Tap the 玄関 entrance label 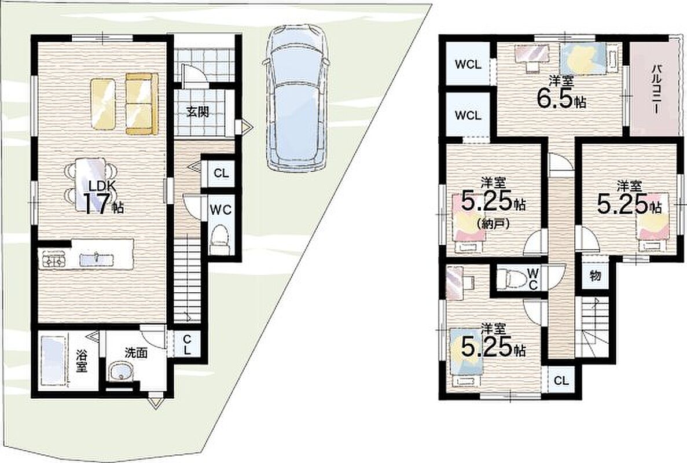tap(197, 113)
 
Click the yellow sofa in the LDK tap(142, 104)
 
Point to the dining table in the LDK tap(91, 182)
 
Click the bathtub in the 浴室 tap(53, 361)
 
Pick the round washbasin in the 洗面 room tap(120, 372)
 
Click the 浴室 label tap(81, 361)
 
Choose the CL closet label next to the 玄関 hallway tap(221, 173)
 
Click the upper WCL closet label tap(468, 65)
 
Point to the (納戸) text tap(493, 225)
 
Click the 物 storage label tap(595, 276)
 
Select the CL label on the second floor tap(561, 381)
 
